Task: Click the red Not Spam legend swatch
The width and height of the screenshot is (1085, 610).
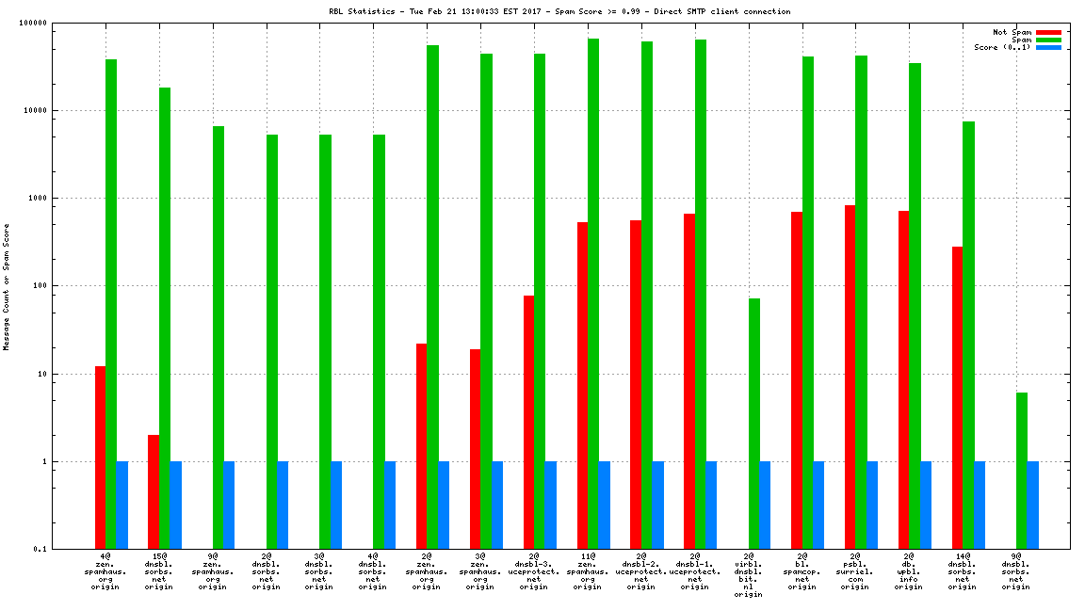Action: click(1048, 32)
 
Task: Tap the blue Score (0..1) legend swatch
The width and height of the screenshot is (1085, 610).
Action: click(1048, 47)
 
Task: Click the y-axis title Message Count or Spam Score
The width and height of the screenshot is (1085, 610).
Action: click(7, 286)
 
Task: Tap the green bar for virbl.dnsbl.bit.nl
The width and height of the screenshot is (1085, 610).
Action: click(754, 424)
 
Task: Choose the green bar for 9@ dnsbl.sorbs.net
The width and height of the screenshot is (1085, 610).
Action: click(1022, 471)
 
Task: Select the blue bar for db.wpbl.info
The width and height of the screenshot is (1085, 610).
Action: click(926, 505)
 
